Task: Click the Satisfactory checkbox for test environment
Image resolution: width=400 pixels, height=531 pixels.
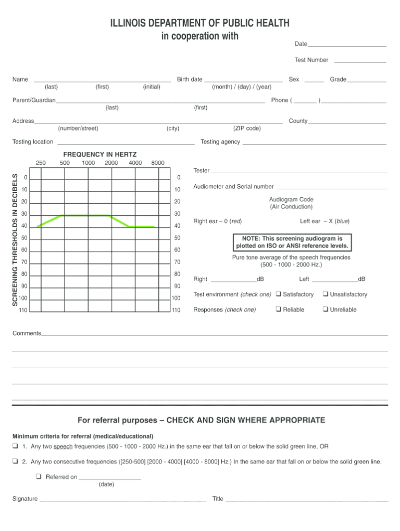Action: pos(279,294)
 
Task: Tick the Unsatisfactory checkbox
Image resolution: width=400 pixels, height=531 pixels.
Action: pos(326,294)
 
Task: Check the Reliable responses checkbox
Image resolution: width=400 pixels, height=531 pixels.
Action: pos(279,309)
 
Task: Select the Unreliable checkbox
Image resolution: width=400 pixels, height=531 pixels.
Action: pos(326,309)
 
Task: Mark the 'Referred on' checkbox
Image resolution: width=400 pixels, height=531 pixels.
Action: pos(39,476)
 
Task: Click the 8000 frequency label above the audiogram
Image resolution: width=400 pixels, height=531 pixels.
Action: pos(157,163)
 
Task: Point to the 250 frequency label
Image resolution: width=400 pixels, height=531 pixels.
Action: pos(41,163)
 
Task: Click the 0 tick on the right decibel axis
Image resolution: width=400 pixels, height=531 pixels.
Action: pos(177,178)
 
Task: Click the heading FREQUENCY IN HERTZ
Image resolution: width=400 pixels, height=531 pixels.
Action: pos(99,154)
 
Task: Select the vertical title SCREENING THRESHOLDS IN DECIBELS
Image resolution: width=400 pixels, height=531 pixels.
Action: pos(15,239)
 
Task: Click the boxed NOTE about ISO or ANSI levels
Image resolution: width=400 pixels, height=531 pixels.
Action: pos(292,242)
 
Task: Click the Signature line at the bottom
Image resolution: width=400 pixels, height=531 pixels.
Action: pos(122,500)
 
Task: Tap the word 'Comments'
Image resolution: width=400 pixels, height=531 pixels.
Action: pos(27,333)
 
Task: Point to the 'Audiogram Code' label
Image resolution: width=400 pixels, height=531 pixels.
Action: pos(291,199)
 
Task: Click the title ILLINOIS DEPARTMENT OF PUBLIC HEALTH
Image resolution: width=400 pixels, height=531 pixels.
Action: pos(199,23)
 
